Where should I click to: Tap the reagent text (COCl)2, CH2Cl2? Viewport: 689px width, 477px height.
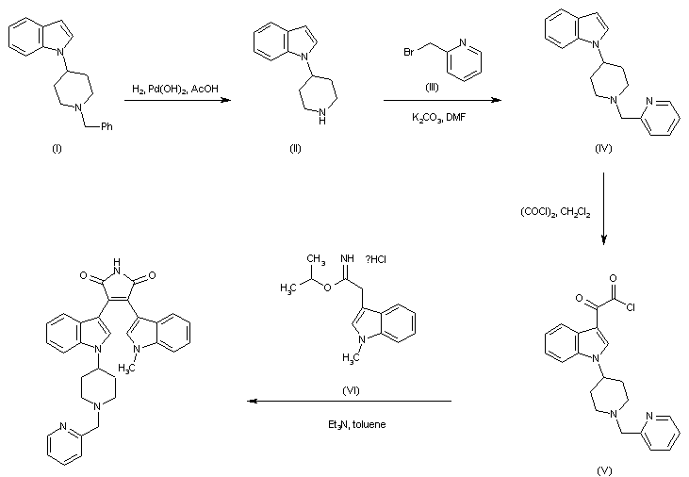556,212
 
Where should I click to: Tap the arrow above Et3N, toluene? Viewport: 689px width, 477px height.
350,401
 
